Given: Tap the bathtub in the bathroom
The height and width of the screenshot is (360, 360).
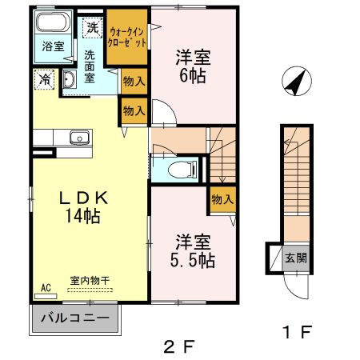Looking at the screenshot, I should tap(53, 24).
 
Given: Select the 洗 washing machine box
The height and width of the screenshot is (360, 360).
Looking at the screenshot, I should tap(94, 26).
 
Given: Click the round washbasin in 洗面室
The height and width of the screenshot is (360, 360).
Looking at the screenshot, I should tap(69, 78).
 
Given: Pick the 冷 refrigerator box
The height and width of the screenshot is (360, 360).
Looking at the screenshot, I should tap(43, 79).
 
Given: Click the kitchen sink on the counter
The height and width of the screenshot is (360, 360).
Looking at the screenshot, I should tap(80, 139).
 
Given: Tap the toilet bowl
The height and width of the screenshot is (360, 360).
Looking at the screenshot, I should tap(182, 169).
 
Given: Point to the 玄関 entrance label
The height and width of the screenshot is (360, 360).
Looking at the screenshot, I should tap(294, 258).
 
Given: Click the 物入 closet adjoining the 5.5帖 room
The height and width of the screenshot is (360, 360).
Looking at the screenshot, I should tap(222, 198).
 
